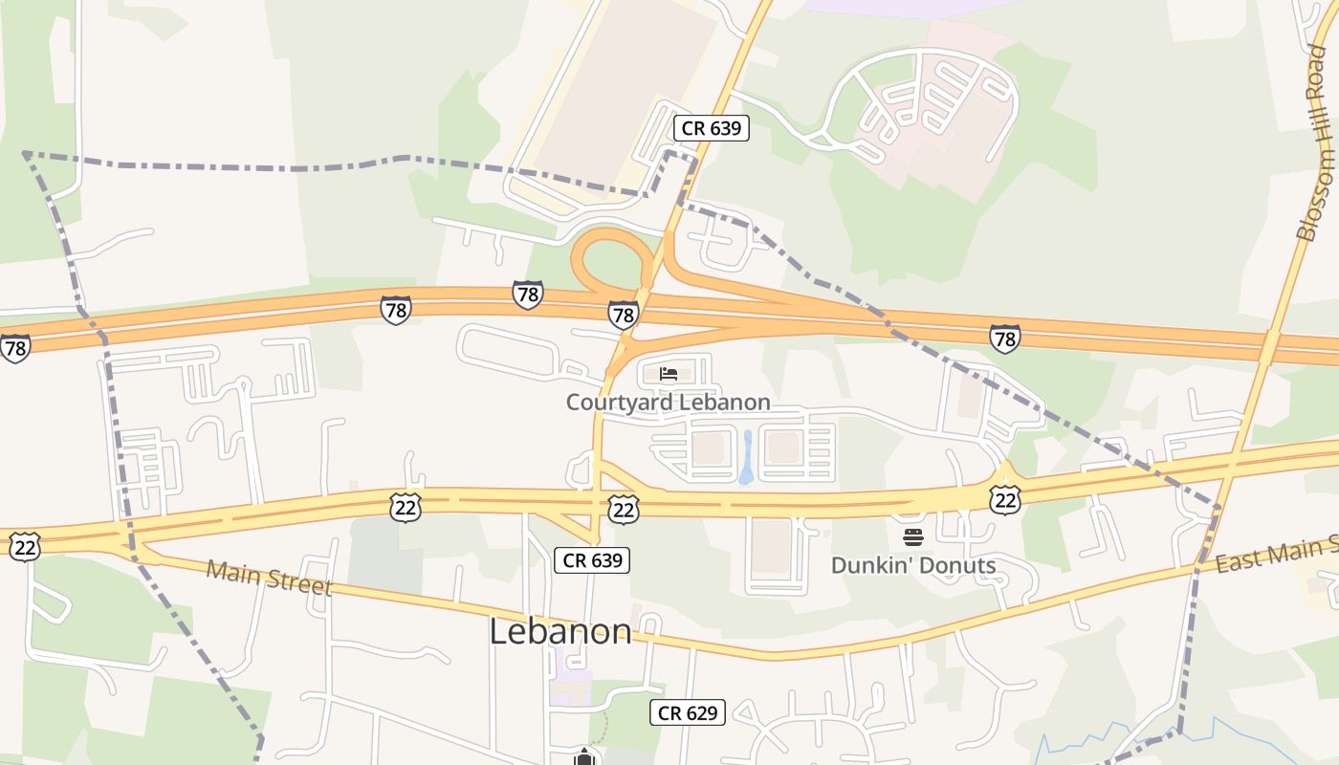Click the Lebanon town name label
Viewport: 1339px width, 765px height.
click(x=560, y=631)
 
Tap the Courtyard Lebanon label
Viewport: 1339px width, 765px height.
click(x=668, y=402)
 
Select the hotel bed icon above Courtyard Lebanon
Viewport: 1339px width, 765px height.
click(x=669, y=374)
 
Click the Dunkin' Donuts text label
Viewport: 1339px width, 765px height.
click(x=912, y=565)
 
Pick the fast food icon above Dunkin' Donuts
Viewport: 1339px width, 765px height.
click(x=912, y=537)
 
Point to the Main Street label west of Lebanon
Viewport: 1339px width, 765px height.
click(x=269, y=577)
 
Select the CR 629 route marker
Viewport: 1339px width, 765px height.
click(x=688, y=712)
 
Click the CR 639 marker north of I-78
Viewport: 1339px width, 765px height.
click(x=711, y=128)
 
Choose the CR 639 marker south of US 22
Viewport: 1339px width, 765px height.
click(x=592, y=560)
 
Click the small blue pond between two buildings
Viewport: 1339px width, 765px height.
click(x=746, y=457)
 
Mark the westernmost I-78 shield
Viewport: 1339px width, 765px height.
click(x=14, y=348)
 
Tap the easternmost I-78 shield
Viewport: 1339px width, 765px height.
click(x=1004, y=338)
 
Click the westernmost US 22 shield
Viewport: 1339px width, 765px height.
click(x=24, y=547)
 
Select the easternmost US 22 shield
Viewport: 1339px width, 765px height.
click(x=1005, y=498)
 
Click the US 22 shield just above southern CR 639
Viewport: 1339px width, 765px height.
click(x=623, y=509)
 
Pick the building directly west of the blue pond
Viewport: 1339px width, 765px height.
click(x=708, y=448)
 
